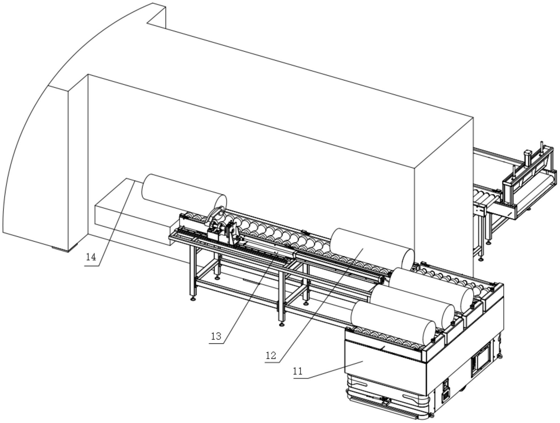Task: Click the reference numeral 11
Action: [x=298, y=371]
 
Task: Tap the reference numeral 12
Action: [x=271, y=355]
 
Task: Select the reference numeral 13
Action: [x=216, y=336]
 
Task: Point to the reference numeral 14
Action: [x=91, y=257]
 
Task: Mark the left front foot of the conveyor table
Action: [x=193, y=298]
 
